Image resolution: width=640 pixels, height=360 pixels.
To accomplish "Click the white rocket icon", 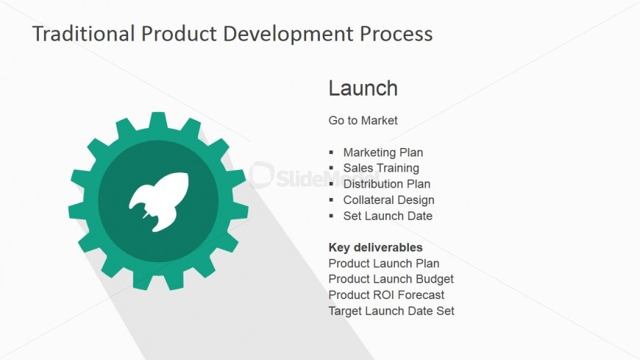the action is (x=160, y=201).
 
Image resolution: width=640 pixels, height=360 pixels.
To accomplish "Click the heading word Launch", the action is (x=363, y=88).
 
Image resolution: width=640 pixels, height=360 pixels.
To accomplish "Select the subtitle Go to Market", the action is (x=363, y=121).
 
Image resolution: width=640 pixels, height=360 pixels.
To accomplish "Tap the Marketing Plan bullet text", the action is (x=383, y=152).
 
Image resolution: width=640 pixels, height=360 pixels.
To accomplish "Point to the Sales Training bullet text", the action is (x=381, y=168).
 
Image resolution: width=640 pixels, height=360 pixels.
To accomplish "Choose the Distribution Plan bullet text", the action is (x=386, y=184).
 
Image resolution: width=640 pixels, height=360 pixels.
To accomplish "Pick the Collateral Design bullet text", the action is (x=388, y=200).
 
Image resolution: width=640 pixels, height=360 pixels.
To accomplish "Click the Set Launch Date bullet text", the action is (x=388, y=216).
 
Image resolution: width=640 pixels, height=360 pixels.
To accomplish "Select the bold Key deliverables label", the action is (x=375, y=247).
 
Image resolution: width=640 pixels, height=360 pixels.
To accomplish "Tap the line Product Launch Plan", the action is (x=384, y=264).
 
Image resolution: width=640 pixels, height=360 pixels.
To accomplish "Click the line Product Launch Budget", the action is (x=391, y=279).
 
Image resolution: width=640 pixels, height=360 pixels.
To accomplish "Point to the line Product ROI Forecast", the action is (x=386, y=295).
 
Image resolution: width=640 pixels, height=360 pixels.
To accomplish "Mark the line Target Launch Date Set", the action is (x=391, y=311).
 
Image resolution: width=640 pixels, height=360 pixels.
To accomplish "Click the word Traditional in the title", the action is (x=84, y=34).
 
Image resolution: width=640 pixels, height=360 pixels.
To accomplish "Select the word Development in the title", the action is (x=288, y=35).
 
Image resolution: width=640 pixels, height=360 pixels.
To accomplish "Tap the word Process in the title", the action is (x=396, y=34).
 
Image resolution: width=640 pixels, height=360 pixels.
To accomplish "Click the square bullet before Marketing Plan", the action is (x=331, y=152).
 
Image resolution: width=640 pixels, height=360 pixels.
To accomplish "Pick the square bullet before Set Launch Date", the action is (x=331, y=216).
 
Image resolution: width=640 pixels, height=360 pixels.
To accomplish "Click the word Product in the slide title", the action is (x=179, y=34).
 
